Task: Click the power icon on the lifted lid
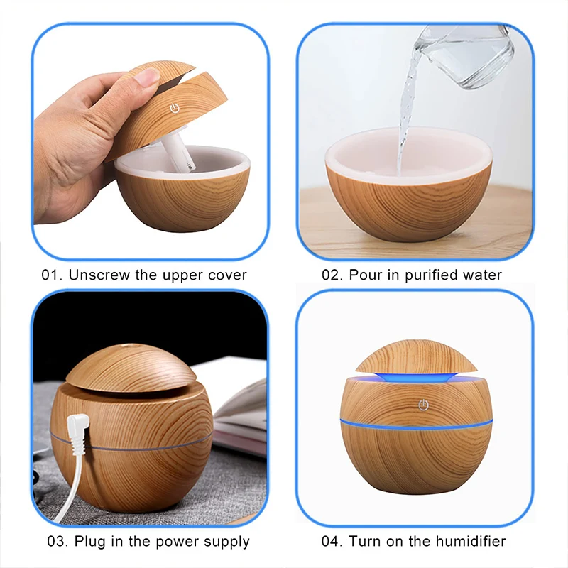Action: coord(173,109)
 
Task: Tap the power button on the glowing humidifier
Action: coord(424,405)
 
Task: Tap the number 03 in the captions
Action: coord(58,542)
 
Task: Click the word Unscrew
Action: coord(97,275)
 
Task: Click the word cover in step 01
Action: coord(226,275)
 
